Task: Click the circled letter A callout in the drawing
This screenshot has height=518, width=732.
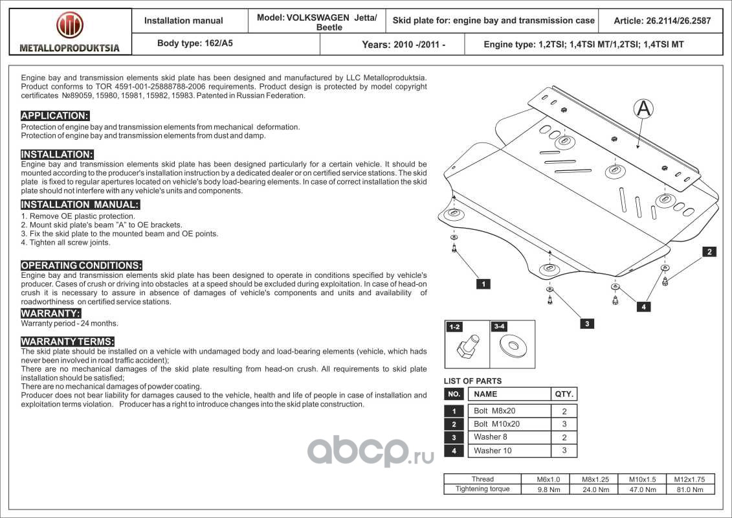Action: pos(643,109)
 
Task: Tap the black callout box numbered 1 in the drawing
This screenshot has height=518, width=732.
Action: pos(483,284)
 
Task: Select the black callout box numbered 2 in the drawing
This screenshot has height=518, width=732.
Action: pos(709,252)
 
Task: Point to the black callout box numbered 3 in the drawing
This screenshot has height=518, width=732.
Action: pos(586,324)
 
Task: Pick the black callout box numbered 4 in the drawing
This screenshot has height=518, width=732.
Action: pos(643,307)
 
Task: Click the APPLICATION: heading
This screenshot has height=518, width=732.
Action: pos(55,116)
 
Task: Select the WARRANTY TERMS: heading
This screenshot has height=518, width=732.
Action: pos(68,341)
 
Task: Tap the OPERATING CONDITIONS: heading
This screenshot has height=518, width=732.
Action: pos(82,265)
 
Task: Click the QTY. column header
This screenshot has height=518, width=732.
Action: pos(564,394)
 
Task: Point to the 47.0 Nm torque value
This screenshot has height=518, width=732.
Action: pos(642,490)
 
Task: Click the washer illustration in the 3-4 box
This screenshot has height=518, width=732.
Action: pos(513,346)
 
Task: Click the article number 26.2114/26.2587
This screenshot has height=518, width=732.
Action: pos(661,21)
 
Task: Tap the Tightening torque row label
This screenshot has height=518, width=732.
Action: pos(483,489)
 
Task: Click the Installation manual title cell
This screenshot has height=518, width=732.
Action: pos(184,21)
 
